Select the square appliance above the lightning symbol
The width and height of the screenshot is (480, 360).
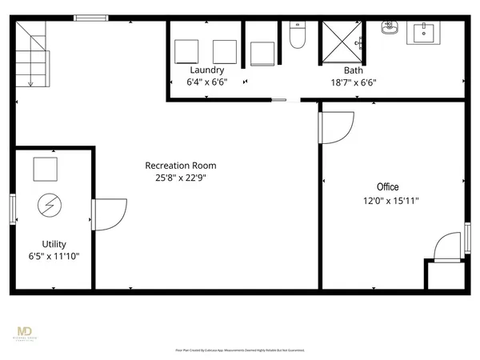pos(45,169)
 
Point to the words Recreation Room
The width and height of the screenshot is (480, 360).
pos(180,166)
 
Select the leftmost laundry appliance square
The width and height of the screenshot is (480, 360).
pos(188,51)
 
